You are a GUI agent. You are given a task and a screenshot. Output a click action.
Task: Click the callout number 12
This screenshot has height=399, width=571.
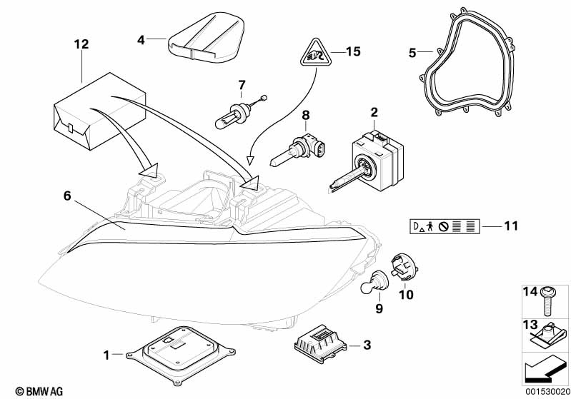point(81,44)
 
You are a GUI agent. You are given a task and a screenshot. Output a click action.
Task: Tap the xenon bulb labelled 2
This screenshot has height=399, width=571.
point(368,160)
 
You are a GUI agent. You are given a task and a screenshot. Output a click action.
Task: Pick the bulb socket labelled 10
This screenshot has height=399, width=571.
point(404,268)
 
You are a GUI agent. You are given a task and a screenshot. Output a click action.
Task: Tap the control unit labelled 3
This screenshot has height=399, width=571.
point(320,343)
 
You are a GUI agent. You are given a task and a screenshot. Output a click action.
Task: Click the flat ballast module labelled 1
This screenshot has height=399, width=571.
point(181,355)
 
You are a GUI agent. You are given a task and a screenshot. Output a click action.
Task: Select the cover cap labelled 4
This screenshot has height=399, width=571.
point(205,36)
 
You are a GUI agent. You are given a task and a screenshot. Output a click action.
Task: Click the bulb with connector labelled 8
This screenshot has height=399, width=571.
point(298,150)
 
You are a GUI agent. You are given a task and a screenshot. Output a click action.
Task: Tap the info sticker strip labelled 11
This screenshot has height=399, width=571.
point(445,226)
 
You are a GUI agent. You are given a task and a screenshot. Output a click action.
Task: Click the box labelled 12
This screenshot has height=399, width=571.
point(99,111)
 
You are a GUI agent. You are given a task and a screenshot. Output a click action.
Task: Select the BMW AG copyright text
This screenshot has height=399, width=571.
point(39,391)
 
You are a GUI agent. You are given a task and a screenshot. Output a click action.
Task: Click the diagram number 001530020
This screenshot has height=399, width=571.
point(547,392)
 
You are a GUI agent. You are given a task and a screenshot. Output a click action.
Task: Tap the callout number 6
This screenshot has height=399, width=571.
point(67,196)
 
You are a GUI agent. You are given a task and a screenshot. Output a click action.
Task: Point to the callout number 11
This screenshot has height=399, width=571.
point(511,226)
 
